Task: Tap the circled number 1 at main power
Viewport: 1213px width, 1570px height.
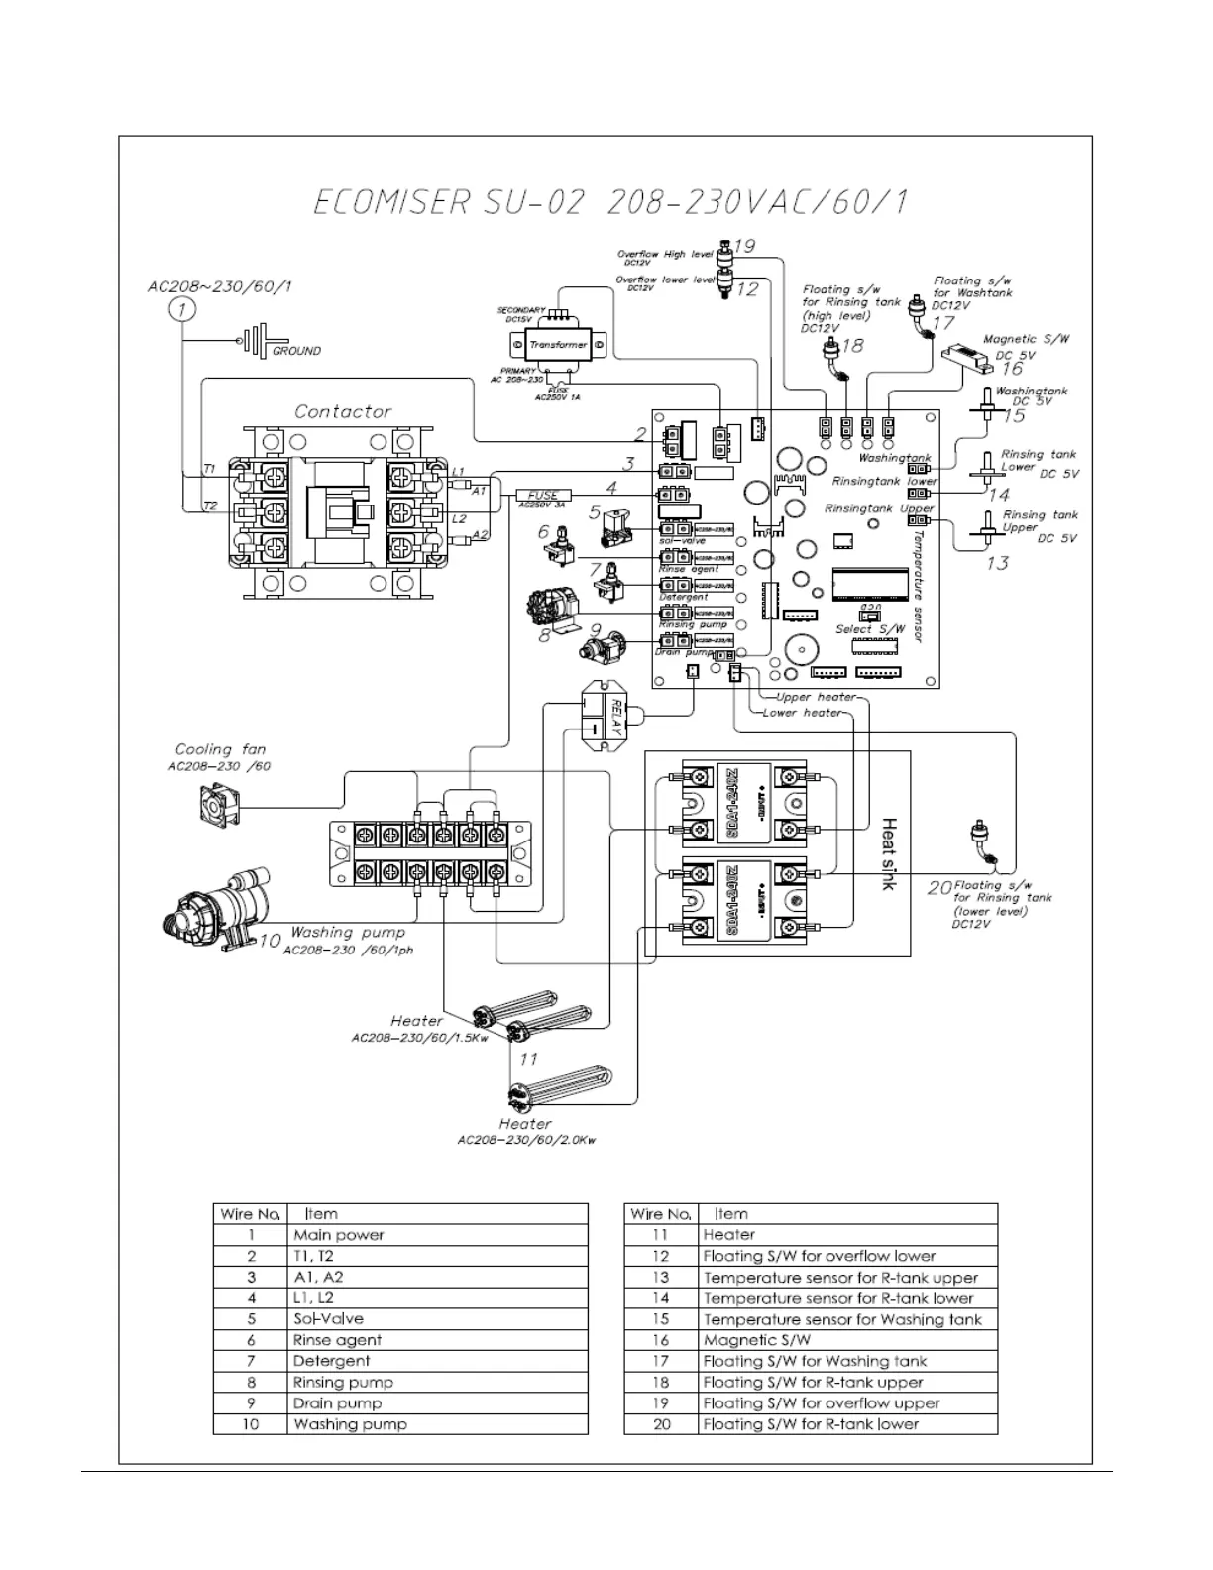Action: click(x=180, y=310)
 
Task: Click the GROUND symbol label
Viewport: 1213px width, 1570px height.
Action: click(x=296, y=351)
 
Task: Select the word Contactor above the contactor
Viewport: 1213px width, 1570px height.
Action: click(x=343, y=411)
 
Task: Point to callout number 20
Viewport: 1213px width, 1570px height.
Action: click(x=939, y=887)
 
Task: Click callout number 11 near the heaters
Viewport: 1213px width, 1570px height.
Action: click(x=528, y=1060)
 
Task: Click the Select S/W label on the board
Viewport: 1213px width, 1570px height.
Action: click(x=870, y=629)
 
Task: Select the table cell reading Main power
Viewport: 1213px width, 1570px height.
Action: click(x=339, y=1235)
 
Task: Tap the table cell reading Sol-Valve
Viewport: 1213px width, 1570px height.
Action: click(x=328, y=1319)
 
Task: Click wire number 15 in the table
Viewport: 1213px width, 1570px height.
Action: click(x=661, y=1319)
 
